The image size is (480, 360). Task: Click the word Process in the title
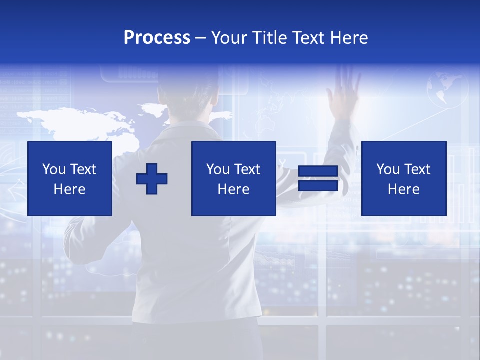(157, 38)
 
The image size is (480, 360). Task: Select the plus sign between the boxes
(152, 179)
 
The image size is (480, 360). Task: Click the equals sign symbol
(318, 179)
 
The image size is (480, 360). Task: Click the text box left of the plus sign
(70, 178)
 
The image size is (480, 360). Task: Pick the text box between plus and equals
(233, 178)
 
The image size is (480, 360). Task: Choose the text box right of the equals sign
(403, 178)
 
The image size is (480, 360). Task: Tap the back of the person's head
(187, 100)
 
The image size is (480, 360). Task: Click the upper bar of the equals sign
(318, 171)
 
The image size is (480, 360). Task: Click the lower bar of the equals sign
(318, 186)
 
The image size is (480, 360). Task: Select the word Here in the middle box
(233, 189)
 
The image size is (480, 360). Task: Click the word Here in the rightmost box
(403, 189)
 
